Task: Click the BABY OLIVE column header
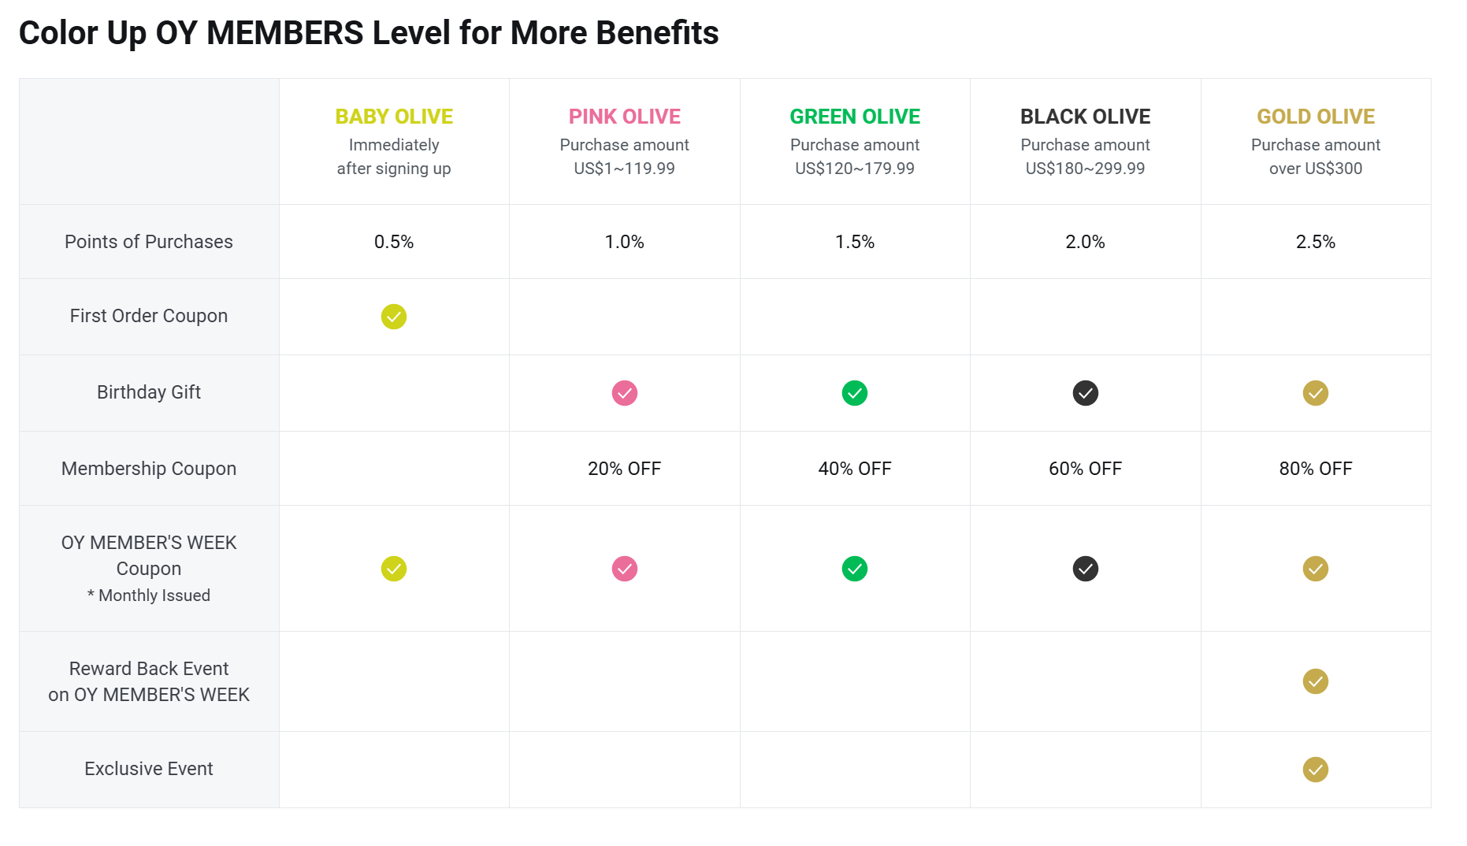point(394,117)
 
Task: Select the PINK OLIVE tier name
point(624,117)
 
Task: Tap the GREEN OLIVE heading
point(855,117)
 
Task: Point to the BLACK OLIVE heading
point(1085,117)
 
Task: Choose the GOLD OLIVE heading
point(1316,117)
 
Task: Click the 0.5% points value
point(394,242)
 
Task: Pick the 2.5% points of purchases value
point(1316,242)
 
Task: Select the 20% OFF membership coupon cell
point(624,469)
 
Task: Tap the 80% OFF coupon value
point(1316,469)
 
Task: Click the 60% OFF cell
point(1085,469)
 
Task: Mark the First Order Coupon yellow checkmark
point(394,317)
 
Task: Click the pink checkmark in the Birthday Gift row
point(625,393)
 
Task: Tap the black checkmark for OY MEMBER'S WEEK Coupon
point(1085,569)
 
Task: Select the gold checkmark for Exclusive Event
point(1316,770)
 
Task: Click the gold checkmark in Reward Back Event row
point(1316,681)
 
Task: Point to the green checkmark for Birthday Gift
point(855,393)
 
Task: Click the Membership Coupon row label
point(149,469)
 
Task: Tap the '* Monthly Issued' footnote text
point(149,596)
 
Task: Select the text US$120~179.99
point(855,169)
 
